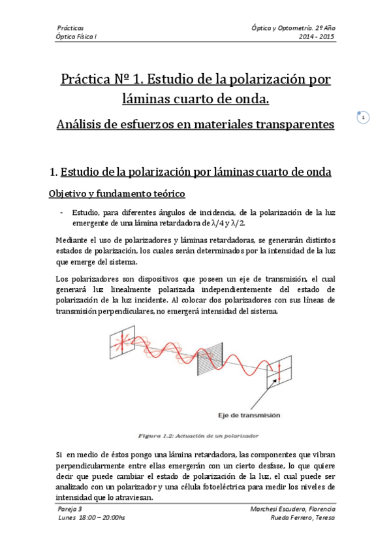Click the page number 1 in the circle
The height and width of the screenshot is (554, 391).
[363, 118]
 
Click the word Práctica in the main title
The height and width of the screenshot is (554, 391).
[90, 80]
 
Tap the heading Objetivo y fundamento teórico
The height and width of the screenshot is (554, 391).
[117, 194]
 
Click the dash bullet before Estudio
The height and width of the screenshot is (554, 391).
[61, 212]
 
